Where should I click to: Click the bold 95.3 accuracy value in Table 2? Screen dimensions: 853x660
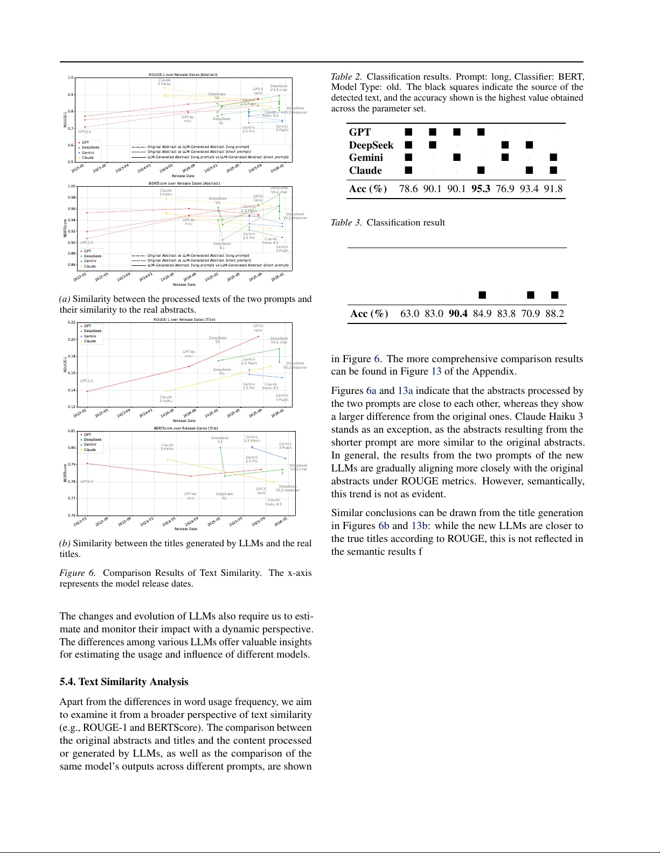click(x=481, y=189)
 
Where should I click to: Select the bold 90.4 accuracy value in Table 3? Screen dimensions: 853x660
click(x=458, y=314)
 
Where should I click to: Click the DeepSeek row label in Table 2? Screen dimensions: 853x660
click(x=371, y=145)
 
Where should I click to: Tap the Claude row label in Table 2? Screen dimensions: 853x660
click(x=365, y=171)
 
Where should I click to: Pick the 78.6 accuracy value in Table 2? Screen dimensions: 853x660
click(x=408, y=189)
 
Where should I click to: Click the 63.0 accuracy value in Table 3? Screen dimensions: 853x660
click(x=409, y=314)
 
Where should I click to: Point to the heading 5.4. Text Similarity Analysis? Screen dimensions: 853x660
click(x=124, y=682)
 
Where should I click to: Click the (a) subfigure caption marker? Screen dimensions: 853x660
click(x=65, y=299)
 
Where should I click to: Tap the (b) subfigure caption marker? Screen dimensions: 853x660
click(x=65, y=544)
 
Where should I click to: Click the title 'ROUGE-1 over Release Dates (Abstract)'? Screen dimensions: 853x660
click(x=183, y=75)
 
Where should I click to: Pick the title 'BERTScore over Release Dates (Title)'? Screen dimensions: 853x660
click(x=186, y=428)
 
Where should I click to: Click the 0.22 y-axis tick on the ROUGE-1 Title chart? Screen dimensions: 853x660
click(x=72, y=322)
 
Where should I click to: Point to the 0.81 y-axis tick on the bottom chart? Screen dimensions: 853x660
click(x=72, y=431)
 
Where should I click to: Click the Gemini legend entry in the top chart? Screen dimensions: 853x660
click(x=88, y=153)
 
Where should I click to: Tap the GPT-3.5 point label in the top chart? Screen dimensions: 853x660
click(x=85, y=132)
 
